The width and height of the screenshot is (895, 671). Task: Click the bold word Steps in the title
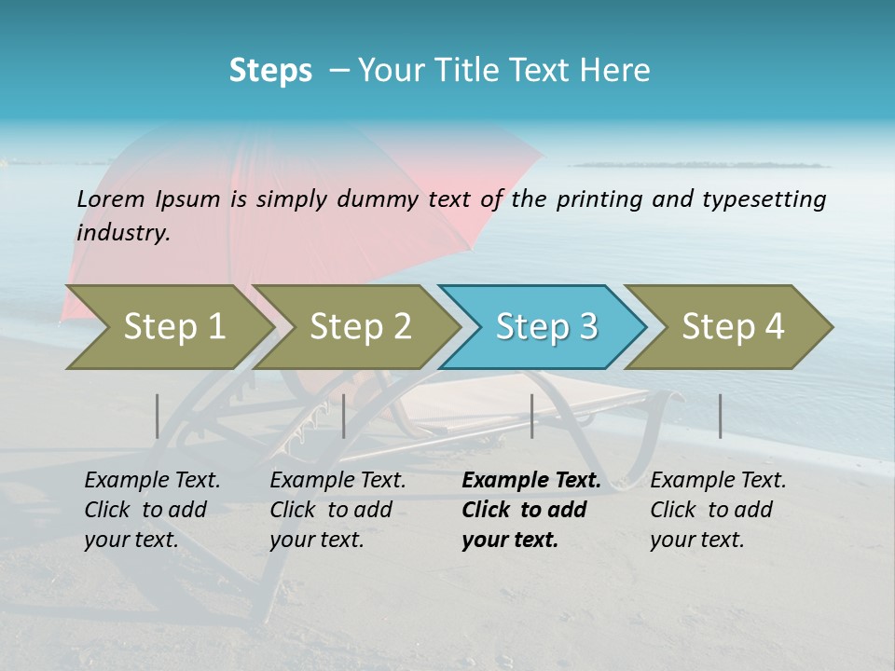(x=270, y=70)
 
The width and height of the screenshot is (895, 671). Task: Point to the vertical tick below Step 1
(x=158, y=416)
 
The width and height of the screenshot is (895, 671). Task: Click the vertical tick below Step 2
(x=344, y=416)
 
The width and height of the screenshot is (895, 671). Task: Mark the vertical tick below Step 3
(x=531, y=416)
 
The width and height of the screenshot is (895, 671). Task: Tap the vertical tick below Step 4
(x=721, y=416)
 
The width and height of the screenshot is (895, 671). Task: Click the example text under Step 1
(x=152, y=510)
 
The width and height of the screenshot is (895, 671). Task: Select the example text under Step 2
(x=337, y=510)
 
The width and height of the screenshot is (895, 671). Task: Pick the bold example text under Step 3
(x=530, y=510)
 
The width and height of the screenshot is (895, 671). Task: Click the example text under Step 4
(x=718, y=510)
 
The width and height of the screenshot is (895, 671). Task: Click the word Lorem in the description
(x=111, y=199)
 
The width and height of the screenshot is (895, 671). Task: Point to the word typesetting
(x=771, y=199)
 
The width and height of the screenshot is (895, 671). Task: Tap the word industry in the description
(x=123, y=233)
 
